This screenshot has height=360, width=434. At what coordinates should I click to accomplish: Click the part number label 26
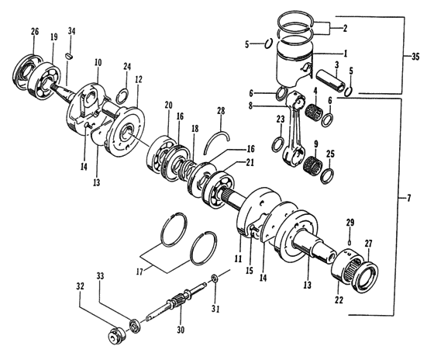click(34, 31)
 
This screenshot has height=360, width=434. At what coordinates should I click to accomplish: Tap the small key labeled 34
click(70, 55)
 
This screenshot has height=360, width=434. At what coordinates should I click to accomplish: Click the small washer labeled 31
click(215, 280)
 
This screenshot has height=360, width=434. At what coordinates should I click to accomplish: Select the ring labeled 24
click(122, 97)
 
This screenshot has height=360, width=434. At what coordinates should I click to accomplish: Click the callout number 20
click(168, 106)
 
